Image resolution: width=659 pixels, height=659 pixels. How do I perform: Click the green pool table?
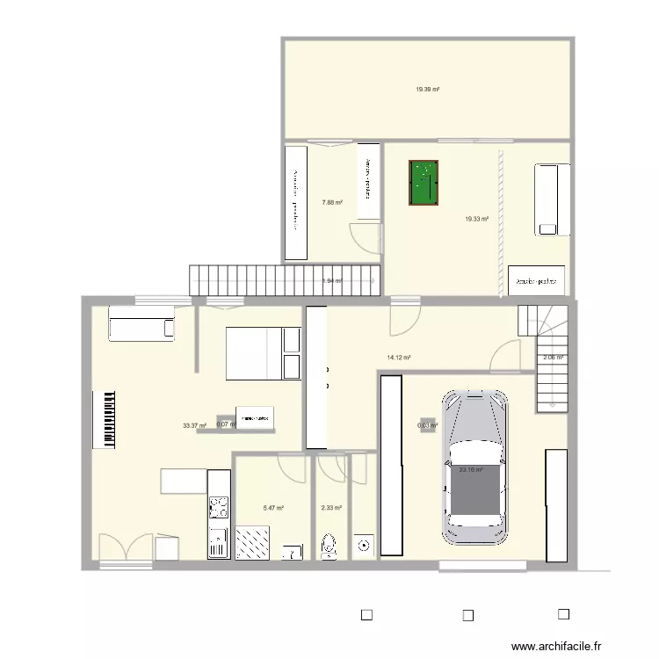(x=424, y=183)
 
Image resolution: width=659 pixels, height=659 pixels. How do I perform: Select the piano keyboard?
(x=110, y=419)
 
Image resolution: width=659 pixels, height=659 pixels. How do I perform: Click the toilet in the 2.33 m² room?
(x=329, y=545)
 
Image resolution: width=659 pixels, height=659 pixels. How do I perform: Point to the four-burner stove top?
(x=218, y=507)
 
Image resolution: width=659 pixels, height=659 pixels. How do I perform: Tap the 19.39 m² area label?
(x=428, y=89)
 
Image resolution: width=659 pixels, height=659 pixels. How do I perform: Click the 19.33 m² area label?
(x=476, y=219)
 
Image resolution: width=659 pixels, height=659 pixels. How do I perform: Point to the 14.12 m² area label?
(x=400, y=358)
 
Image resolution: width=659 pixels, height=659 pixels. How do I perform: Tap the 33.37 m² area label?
(x=194, y=426)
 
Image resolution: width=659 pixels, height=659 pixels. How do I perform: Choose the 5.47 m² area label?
(x=273, y=508)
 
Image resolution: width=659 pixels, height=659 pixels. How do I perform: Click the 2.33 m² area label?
(x=331, y=508)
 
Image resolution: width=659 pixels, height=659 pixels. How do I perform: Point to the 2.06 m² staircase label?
(x=553, y=358)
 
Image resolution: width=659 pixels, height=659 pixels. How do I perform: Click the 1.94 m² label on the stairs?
(x=331, y=281)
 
